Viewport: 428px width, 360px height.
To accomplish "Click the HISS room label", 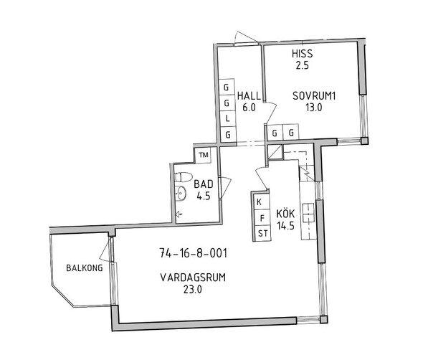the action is point(302,54).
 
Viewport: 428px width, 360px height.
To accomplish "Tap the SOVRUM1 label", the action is point(314,96).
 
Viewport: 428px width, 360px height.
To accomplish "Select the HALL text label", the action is point(249,96).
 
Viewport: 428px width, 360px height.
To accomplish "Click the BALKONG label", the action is point(85,267).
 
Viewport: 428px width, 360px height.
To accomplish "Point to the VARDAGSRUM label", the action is point(193,278).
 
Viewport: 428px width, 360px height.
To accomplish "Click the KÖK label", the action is point(285,213).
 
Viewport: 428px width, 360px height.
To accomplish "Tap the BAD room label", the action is point(204,184).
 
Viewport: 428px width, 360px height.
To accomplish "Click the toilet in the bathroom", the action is point(184,177).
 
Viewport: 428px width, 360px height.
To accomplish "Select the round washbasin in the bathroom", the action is point(181,193).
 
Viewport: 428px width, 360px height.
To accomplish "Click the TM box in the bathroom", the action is point(204,155).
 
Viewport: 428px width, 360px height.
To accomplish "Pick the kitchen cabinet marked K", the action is point(260,202).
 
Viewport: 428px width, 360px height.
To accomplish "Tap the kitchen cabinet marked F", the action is point(262,218).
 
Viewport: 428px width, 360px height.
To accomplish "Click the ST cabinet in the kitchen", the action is point(263,234).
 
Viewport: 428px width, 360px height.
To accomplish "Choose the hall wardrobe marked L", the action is point(227,118).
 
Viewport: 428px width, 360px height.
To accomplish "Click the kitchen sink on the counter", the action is point(308,213).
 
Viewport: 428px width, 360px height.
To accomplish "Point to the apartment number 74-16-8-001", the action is point(193,253).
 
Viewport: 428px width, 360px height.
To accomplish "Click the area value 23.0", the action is point(193,289).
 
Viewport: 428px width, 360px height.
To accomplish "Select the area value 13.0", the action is point(314,108).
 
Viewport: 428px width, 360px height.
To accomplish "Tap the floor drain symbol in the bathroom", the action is point(179,214).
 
